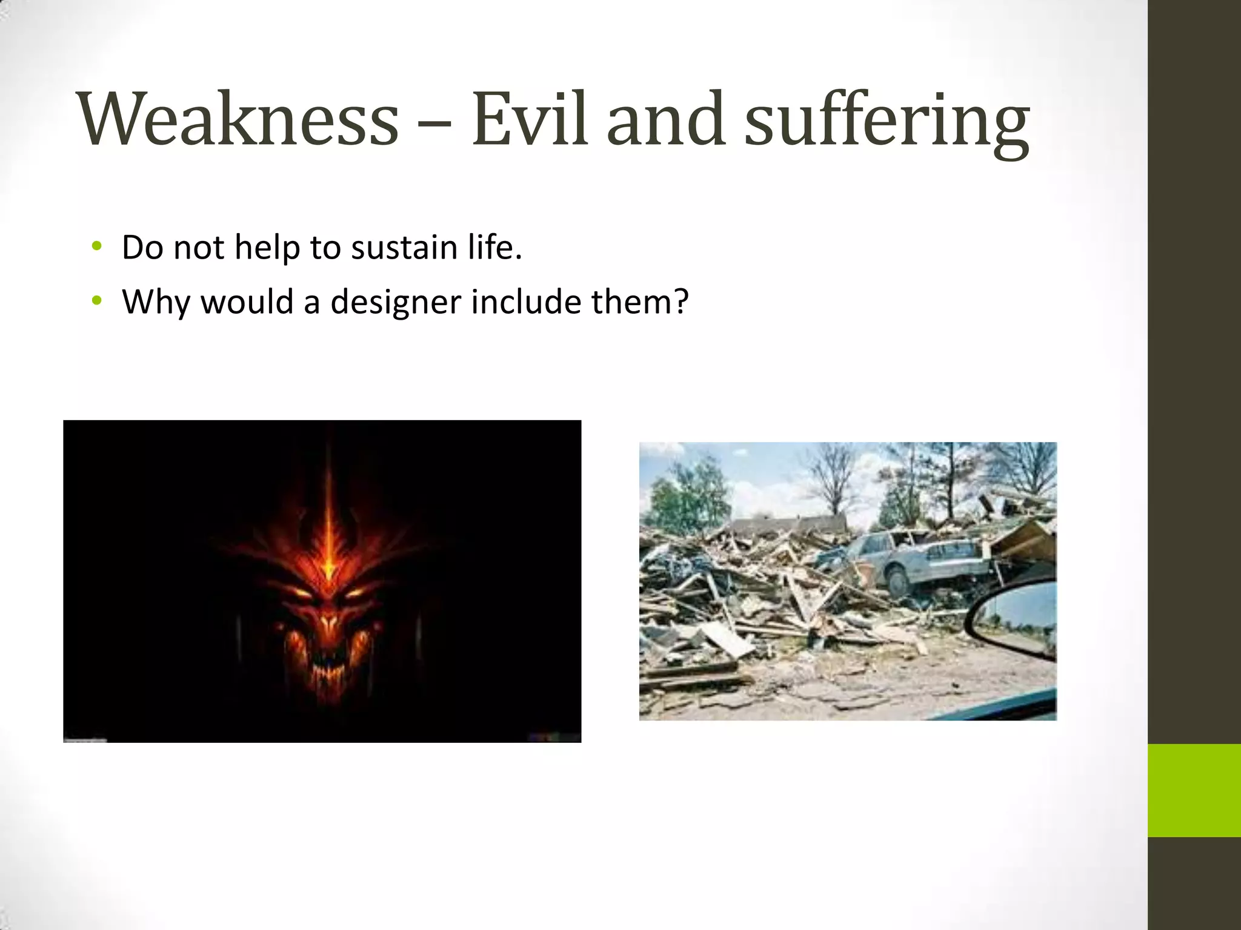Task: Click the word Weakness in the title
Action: point(238,119)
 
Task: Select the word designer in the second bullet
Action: point(395,302)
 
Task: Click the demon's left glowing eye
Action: point(301,590)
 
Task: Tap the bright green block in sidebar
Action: point(1194,790)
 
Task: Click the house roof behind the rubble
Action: point(788,524)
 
